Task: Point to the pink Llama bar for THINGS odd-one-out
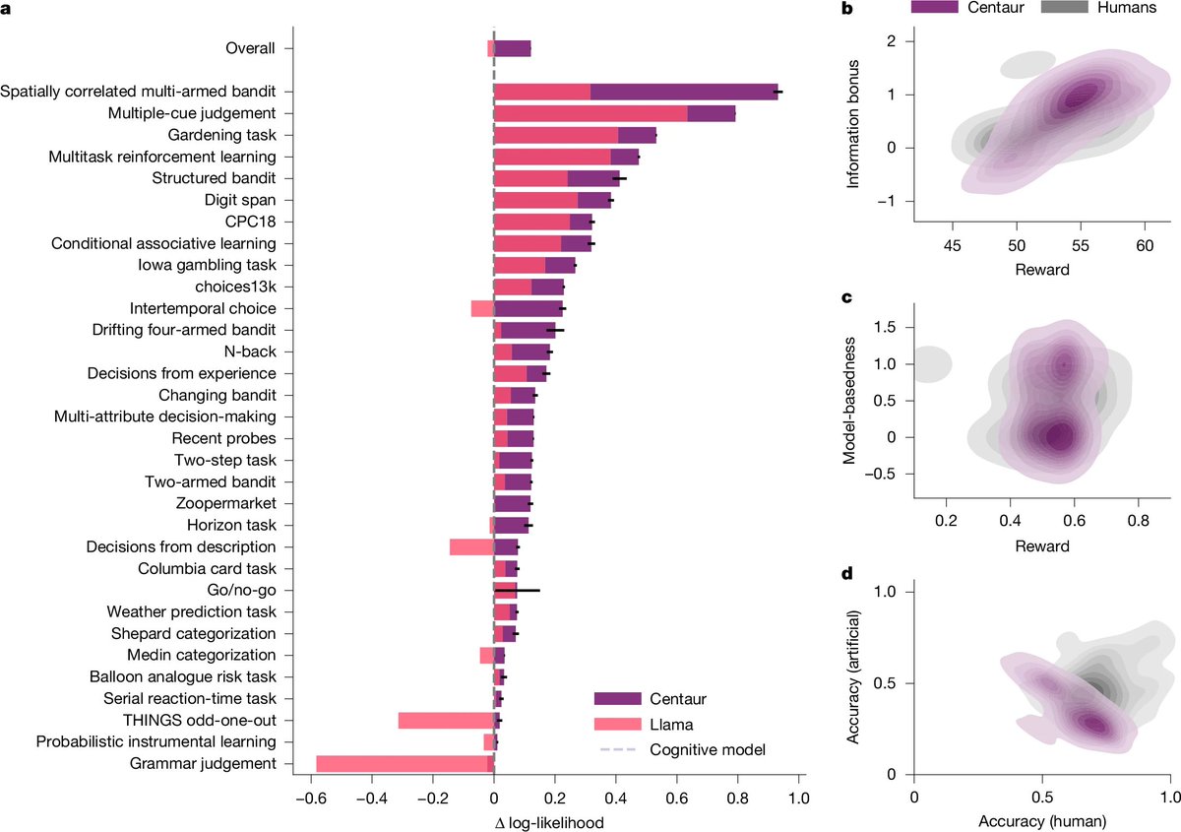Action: tap(446, 720)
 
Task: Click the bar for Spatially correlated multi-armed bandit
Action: tap(636, 92)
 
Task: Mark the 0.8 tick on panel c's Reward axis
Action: tap(1138, 517)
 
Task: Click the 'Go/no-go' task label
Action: tap(243, 590)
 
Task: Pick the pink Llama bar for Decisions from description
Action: tap(471, 546)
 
